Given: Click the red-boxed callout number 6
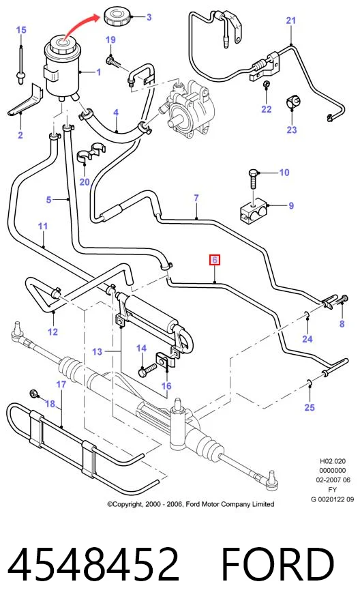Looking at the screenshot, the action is (x=215, y=260).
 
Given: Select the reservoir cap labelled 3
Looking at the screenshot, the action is (x=117, y=18).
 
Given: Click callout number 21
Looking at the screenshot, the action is (x=291, y=20).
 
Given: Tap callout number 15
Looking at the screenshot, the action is (x=21, y=29).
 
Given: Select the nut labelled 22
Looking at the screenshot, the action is (x=266, y=84).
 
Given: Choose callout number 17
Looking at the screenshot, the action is (x=61, y=384).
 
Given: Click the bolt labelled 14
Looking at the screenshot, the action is (x=147, y=370).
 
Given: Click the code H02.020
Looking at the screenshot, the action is (x=333, y=461).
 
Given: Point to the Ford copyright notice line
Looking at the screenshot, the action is (x=191, y=504).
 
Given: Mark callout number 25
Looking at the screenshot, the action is (x=310, y=407).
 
